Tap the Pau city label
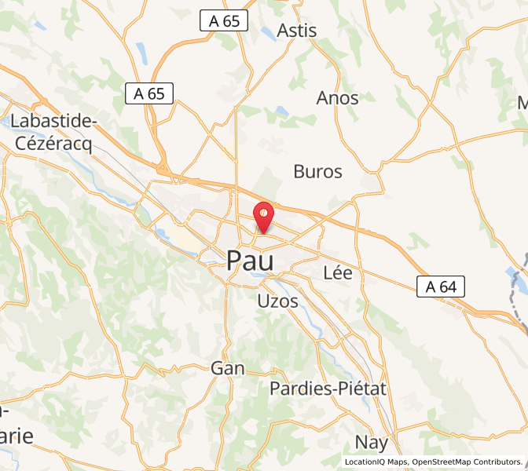[x=250, y=261]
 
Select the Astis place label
[x=297, y=31]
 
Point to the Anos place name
[x=337, y=99]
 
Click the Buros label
[x=317, y=172]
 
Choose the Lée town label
[x=338, y=273]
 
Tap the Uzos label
[x=278, y=301]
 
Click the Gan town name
[x=228, y=368]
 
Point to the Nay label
[x=372, y=441]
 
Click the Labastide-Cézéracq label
[x=53, y=133]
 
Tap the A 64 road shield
[x=441, y=287]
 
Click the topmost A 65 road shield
[x=224, y=20]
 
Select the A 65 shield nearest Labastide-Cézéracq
[x=149, y=93]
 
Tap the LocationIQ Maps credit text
[x=376, y=462]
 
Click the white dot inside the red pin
[x=263, y=211]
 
